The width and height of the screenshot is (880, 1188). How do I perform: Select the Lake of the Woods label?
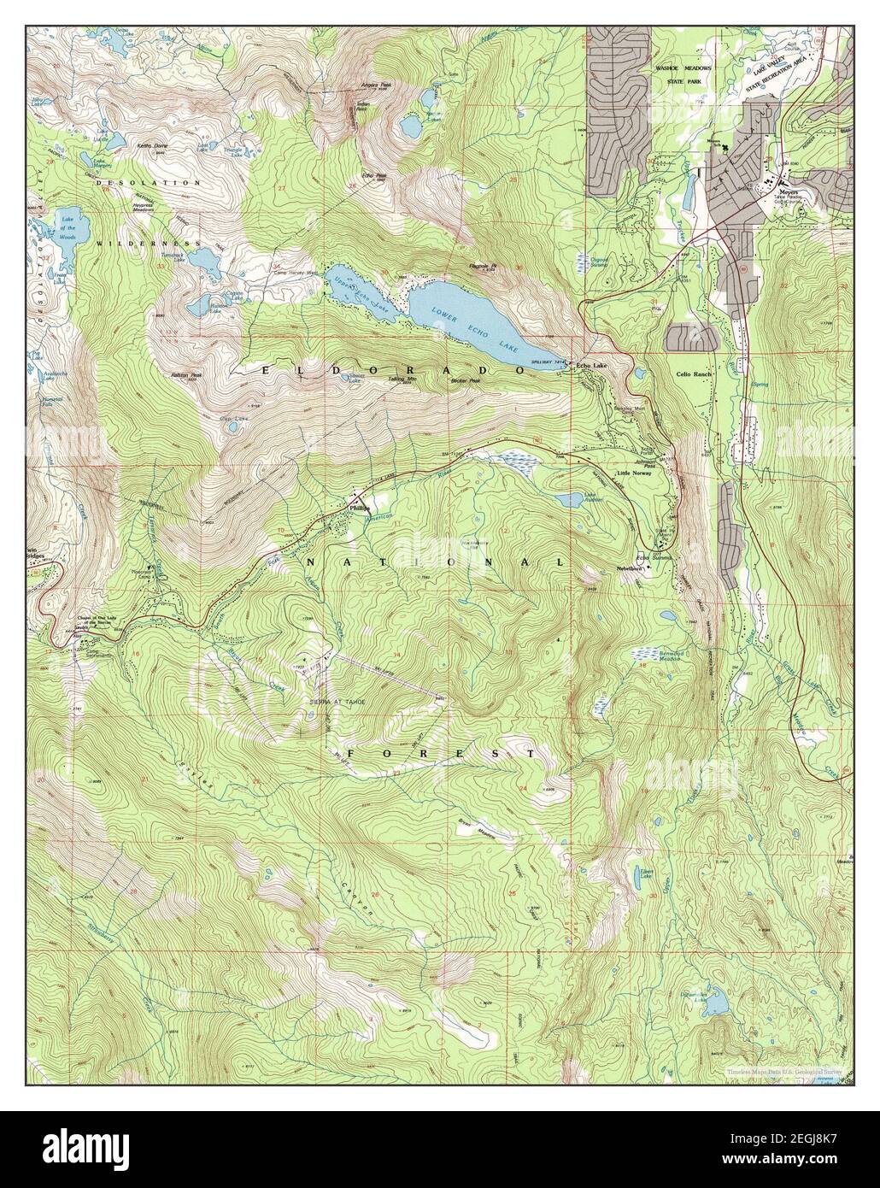[67, 226]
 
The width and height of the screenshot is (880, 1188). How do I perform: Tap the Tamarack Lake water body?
[204, 257]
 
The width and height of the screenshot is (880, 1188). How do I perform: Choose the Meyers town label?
[787, 191]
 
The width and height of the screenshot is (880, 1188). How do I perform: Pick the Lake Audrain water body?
[566, 500]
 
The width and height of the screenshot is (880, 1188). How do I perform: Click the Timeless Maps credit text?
[785, 1070]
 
